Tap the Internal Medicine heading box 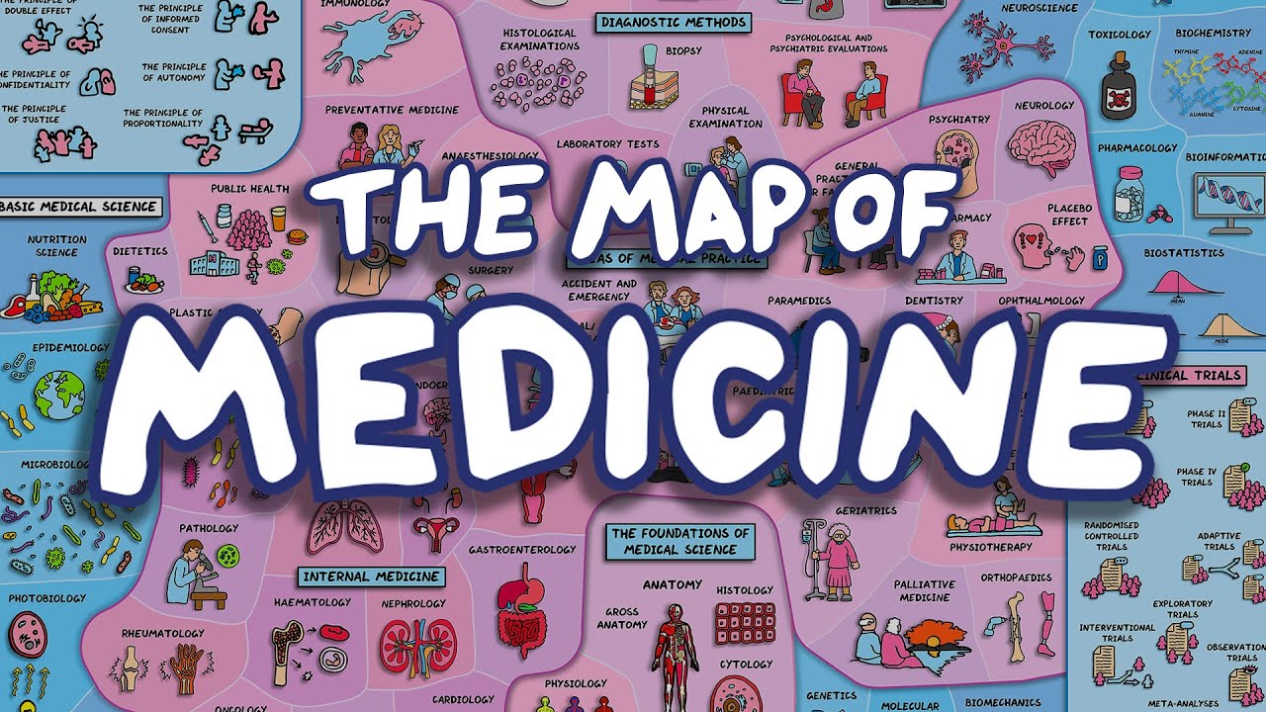[372, 576]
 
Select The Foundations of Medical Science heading [681, 541]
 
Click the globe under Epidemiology [59, 393]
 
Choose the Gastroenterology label [522, 550]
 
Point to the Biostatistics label [1184, 253]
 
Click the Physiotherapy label [990, 547]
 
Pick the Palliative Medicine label [924, 590]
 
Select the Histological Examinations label [539, 40]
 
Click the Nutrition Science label [56, 245]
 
